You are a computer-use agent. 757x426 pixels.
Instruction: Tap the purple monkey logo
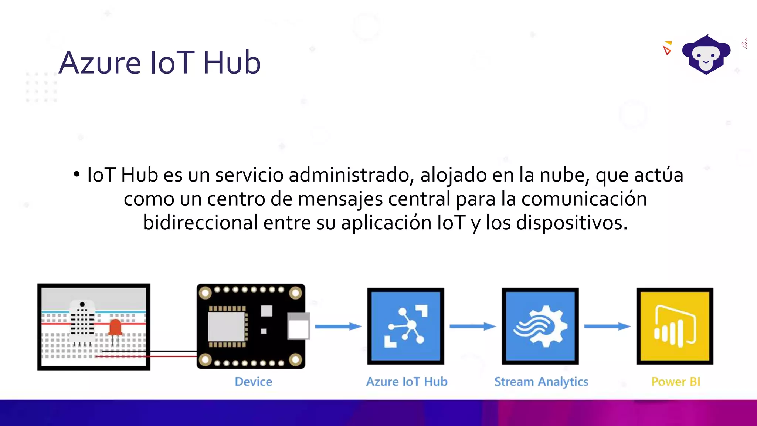point(706,55)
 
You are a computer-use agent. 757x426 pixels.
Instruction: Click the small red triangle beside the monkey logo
point(667,50)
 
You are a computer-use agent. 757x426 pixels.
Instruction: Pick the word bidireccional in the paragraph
point(200,223)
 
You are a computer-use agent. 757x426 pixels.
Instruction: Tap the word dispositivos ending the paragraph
point(571,223)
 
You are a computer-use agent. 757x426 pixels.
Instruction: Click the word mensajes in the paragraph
point(340,199)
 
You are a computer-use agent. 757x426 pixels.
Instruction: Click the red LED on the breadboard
point(115,327)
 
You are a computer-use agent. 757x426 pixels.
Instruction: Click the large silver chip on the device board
point(226,327)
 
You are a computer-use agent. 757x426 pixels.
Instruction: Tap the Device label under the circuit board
point(254,382)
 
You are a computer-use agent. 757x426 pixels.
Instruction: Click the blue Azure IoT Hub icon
point(405,326)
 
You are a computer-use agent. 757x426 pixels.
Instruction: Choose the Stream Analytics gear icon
point(540,326)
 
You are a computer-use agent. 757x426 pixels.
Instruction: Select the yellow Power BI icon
point(675,326)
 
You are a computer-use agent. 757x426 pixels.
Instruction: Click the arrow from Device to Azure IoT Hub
point(338,326)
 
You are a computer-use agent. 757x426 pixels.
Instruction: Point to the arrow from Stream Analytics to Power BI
point(607,326)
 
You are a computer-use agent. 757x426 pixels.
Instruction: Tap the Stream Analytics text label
point(541,382)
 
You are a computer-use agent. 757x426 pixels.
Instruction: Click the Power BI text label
point(676,382)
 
